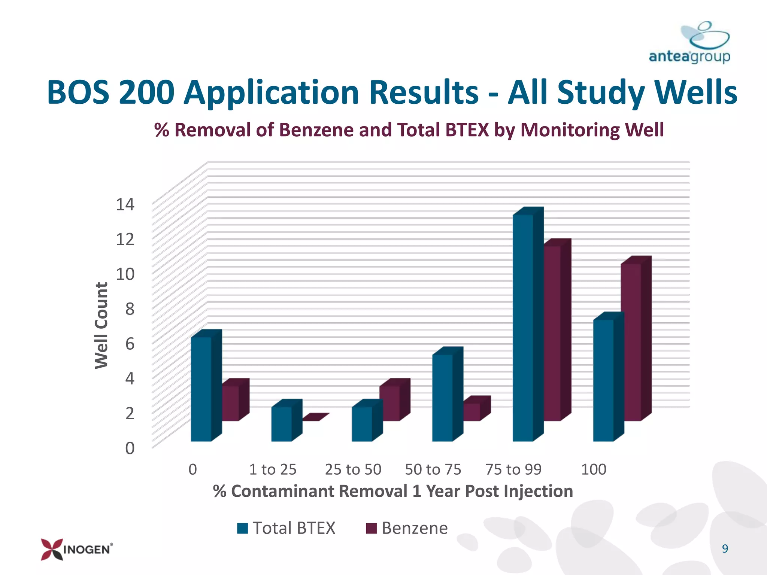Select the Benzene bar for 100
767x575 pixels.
pos(636,338)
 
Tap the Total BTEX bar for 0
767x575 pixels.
pos(206,386)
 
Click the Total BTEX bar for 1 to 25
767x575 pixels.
pos(287,420)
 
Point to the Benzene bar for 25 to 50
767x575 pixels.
pos(395,400)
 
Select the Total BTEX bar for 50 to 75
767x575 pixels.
pos(448,394)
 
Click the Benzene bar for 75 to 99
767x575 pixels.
pos(557,330)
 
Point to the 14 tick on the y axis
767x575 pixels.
pos(125,204)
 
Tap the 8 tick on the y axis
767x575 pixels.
pos(130,309)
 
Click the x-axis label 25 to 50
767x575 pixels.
pos(353,469)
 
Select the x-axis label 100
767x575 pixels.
pos(594,469)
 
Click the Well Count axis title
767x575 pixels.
pos(101,325)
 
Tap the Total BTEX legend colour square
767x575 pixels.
pos(243,528)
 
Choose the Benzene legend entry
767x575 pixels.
pos(407,528)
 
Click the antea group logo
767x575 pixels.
pos(689,42)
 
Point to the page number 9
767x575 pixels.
pos(725,548)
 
